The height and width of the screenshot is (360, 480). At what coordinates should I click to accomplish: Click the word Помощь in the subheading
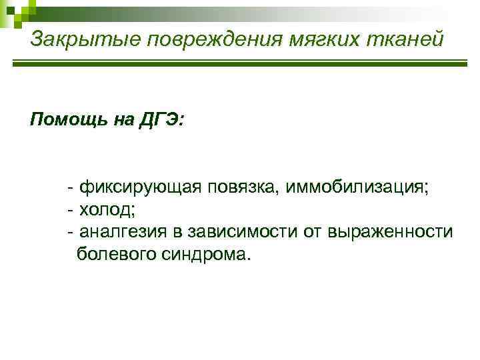(63, 120)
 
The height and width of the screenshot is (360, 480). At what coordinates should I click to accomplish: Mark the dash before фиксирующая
(71, 187)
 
